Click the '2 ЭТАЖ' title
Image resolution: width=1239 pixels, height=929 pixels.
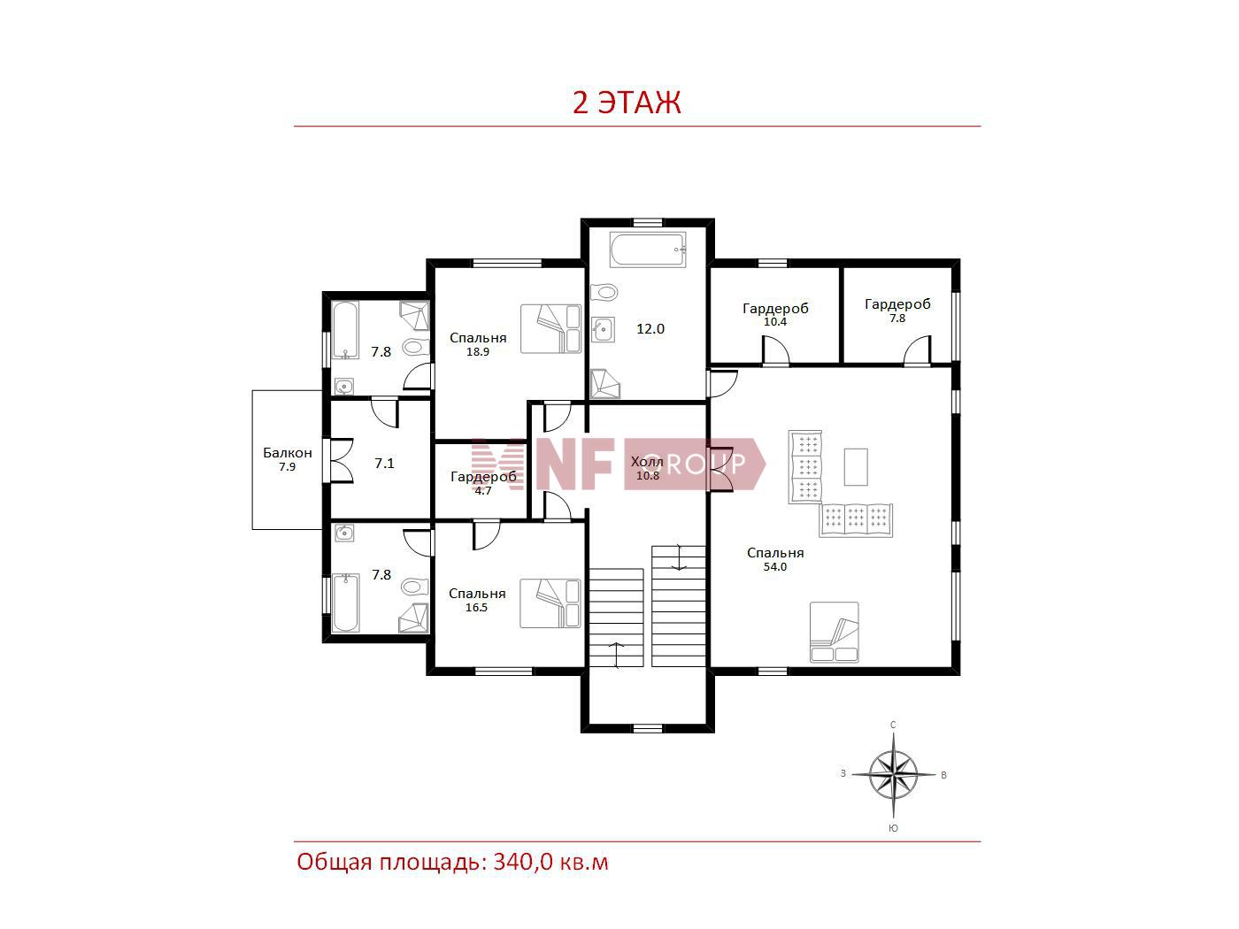coord(627,103)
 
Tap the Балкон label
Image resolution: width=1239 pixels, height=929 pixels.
coord(288,452)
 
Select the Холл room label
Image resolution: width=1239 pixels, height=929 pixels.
coord(647,462)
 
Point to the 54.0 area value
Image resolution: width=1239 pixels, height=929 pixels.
coord(775,567)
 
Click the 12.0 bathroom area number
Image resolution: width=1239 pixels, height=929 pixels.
coord(650,328)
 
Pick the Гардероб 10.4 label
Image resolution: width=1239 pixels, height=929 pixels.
coord(775,314)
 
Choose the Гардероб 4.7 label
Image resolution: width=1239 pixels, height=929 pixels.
coord(483,483)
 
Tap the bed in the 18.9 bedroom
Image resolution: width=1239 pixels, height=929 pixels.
coord(551,329)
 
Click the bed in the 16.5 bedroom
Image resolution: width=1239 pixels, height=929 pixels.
coord(550,603)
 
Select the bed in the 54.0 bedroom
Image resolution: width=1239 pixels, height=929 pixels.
coord(835,633)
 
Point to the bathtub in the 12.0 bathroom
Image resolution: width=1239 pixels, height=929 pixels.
coord(648,250)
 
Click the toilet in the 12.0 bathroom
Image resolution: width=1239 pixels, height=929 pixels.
coord(604,292)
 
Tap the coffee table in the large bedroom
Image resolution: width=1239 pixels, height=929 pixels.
coord(856,466)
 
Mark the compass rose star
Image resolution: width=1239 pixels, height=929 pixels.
coord(893,774)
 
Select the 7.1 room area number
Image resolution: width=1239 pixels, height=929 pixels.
coord(384,463)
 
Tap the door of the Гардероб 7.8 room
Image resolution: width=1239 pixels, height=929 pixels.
coord(917,351)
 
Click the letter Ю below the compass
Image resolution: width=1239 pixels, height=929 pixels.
coord(893,828)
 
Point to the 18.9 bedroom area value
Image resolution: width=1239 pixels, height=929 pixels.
coord(478,351)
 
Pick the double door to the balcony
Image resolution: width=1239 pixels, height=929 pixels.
coord(340,460)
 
